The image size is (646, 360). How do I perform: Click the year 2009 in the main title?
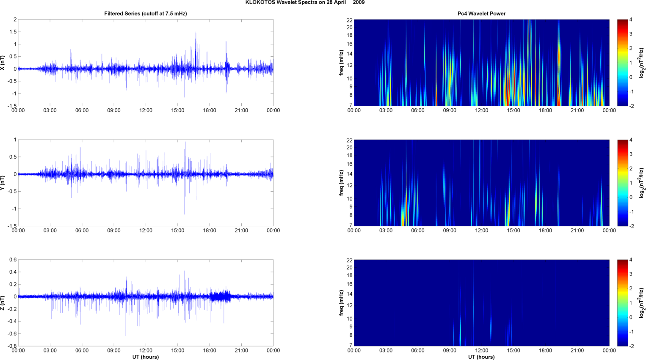coord(359,3)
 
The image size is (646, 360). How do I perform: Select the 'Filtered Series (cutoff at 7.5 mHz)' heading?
coord(145,14)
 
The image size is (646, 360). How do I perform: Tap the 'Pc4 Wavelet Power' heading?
coord(481,14)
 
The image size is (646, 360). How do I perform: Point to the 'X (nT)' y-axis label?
coord(3,63)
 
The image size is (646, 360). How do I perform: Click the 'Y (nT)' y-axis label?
coord(3,183)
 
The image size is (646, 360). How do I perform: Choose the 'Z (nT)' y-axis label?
coord(3,303)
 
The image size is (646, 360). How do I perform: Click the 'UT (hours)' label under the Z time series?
coord(145,357)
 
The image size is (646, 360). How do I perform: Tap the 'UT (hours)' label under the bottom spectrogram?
coord(481,357)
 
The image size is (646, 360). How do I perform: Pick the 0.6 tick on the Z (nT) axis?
coord(13,260)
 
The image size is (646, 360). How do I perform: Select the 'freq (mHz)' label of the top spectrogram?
coord(341,63)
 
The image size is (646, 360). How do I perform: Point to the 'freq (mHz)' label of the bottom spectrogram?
coord(341,303)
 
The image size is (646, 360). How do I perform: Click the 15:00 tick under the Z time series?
coord(177,351)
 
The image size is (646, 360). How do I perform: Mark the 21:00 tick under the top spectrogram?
coord(577,110)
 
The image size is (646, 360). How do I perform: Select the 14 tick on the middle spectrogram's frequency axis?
coord(349,174)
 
